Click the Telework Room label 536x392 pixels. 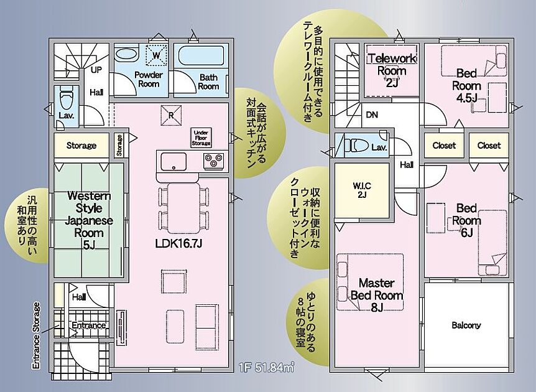point(392,70)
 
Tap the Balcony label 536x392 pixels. point(466,325)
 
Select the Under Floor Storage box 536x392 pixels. point(201,138)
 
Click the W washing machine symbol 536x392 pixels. point(156,55)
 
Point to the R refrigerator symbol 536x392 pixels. point(171,115)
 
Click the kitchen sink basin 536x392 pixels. point(173,161)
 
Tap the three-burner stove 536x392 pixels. point(214,161)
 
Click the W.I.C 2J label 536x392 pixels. point(362,190)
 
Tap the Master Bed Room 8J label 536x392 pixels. point(377,295)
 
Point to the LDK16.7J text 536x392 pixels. point(179,243)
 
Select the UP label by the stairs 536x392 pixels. point(96,70)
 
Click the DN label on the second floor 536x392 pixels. point(372,115)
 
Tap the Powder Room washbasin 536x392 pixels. point(126,54)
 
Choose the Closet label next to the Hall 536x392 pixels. point(444,146)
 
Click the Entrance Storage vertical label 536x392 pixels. point(35,335)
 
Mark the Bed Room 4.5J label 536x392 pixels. point(466,85)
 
